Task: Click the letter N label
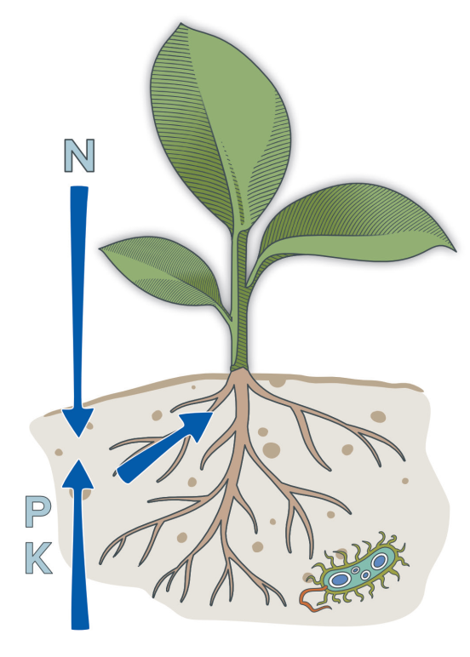coord(79,156)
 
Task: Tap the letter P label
coord(38,511)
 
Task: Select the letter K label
coord(39,558)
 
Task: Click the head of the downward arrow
coord(78,421)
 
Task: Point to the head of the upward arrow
coord(78,474)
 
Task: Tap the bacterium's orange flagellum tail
coord(313,598)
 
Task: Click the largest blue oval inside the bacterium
coord(340,580)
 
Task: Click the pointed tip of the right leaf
coord(456,251)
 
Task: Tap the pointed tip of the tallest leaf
coord(181,24)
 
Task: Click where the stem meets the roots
coord(240,370)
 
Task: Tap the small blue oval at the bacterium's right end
coord(380,561)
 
